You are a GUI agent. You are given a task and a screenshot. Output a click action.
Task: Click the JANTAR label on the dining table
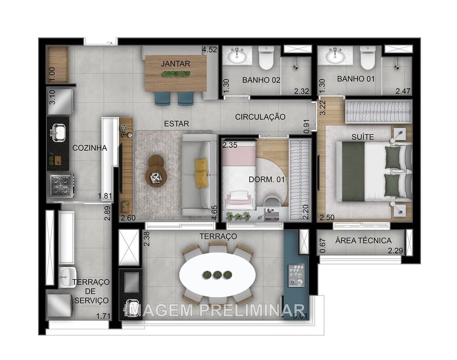click(175, 64)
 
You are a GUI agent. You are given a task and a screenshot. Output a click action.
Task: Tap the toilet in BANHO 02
click(266, 58)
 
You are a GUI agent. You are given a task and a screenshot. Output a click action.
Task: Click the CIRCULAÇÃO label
click(260, 117)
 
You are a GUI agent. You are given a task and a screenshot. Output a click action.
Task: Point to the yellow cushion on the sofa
click(202, 173)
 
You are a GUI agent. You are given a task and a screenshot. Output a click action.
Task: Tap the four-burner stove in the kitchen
click(60, 185)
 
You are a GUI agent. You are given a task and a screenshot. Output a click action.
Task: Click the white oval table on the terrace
click(217, 275)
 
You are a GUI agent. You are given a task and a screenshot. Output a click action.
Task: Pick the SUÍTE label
click(363, 137)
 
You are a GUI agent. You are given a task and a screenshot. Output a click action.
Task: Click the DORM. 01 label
click(267, 180)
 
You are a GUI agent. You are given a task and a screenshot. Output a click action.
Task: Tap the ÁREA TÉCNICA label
click(363, 240)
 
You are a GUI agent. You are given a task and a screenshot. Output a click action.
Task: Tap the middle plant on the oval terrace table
click(217, 275)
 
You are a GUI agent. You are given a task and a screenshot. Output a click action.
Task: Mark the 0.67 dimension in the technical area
click(323, 245)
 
